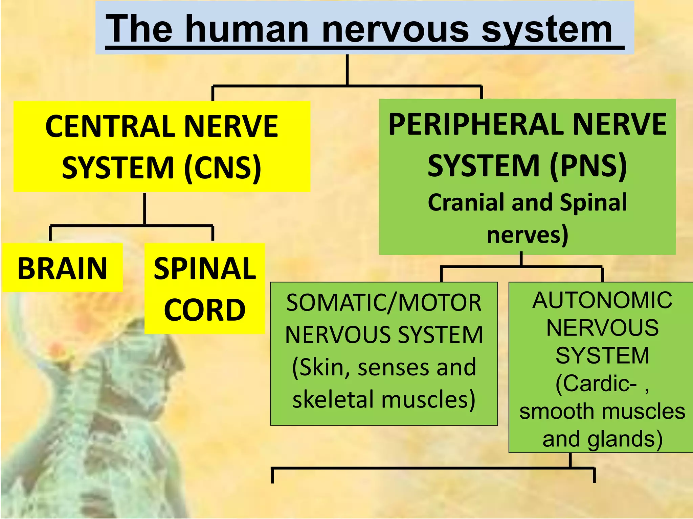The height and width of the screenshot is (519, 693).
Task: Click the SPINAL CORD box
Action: (x=205, y=289)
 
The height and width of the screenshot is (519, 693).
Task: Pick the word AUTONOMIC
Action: (x=602, y=300)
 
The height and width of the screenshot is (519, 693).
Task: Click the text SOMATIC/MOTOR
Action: (x=384, y=302)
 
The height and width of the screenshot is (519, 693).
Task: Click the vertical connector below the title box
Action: (x=347, y=70)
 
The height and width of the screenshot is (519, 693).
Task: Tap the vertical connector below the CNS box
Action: (x=144, y=208)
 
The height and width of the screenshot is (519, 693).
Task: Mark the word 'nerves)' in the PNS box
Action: (x=527, y=235)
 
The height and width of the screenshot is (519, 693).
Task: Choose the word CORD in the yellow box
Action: (x=205, y=310)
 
